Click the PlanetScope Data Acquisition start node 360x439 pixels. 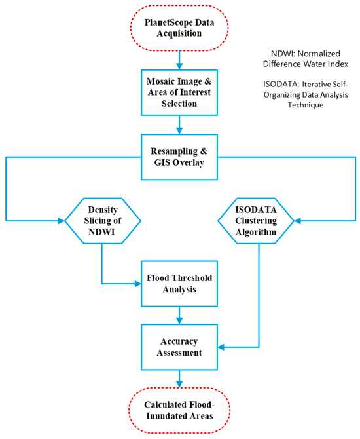coord(179,29)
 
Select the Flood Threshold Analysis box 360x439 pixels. coord(179,284)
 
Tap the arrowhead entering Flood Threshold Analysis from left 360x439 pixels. coord(137,284)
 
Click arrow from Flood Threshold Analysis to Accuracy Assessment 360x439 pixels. coord(179,315)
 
